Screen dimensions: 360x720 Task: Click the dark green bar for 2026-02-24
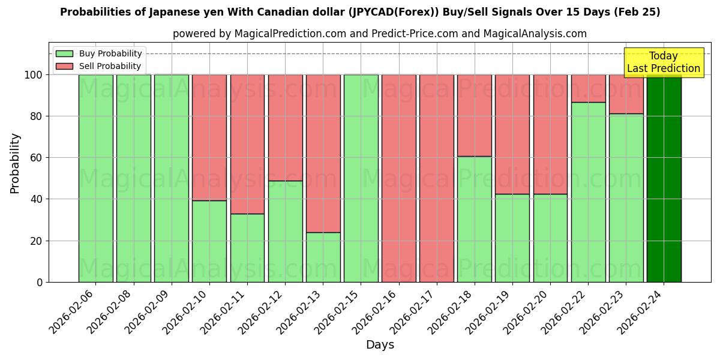(664, 178)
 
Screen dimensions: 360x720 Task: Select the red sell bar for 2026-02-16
(399, 178)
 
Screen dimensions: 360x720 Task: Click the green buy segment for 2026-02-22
(588, 192)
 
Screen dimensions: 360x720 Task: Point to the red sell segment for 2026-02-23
(626, 94)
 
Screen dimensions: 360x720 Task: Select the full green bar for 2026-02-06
(95, 178)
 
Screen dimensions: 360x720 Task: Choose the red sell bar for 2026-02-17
(437, 178)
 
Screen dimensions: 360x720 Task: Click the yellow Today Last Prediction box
(664, 62)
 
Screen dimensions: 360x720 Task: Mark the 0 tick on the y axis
(40, 282)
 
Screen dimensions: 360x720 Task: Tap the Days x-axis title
(380, 345)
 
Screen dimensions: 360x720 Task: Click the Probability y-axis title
(16, 163)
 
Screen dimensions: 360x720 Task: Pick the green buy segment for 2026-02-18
(475, 219)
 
